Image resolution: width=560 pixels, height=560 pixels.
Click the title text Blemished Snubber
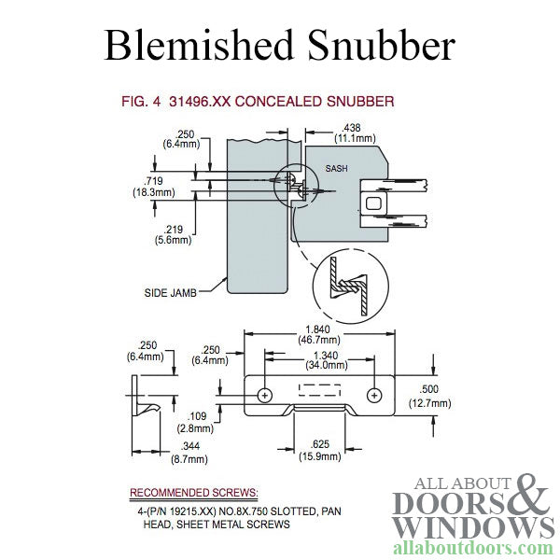click(x=279, y=43)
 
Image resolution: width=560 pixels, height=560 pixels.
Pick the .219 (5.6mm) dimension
click(x=173, y=233)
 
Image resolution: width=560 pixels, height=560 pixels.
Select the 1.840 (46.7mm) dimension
click(x=323, y=335)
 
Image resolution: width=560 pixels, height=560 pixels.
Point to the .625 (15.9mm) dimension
click(x=319, y=451)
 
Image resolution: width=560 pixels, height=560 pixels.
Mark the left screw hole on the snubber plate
click(x=266, y=395)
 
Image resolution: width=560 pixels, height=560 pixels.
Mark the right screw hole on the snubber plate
click(x=375, y=395)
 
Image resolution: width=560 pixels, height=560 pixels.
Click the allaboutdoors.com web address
click(x=474, y=547)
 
